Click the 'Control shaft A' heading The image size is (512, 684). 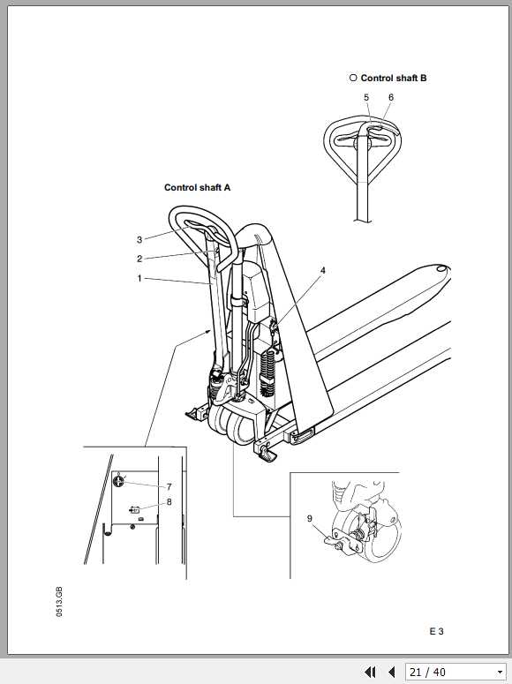[x=197, y=188]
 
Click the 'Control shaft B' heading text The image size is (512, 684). [x=393, y=79]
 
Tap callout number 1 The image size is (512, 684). [x=139, y=278]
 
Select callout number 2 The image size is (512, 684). [x=139, y=259]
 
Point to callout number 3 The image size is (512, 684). [x=139, y=239]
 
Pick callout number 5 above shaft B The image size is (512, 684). [x=366, y=98]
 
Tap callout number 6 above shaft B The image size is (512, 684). [x=391, y=98]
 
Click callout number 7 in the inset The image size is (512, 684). [x=169, y=486]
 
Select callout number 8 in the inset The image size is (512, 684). [x=169, y=502]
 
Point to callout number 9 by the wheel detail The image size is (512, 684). [x=309, y=519]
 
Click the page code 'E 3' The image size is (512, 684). [x=436, y=631]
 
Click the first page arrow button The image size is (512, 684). [x=371, y=673]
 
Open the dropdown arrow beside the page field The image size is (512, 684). [x=501, y=673]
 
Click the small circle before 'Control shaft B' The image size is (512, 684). [x=352, y=79]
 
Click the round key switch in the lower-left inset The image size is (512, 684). [x=118, y=481]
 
